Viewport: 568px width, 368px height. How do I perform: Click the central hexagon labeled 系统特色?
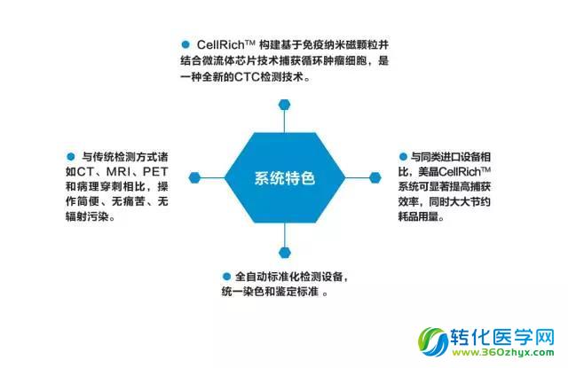click(x=285, y=177)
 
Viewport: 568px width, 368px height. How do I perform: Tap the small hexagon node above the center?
click(x=284, y=105)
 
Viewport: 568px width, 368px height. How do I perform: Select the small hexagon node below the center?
click(x=285, y=253)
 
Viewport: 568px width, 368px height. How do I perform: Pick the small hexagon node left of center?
click(x=194, y=177)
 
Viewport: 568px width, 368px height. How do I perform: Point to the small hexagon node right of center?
click(x=375, y=177)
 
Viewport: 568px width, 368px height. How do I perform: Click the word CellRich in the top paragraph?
click(x=221, y=45)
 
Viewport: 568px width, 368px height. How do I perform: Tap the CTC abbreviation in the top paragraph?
click(x=247, y=77)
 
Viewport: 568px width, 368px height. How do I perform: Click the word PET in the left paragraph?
click(x=155, y=171)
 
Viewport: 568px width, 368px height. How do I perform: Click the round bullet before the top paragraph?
click(x=185, y=44)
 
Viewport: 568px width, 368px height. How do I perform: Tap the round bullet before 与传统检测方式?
click(x=71, y=157)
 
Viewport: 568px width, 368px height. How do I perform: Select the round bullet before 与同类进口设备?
click(x=403, y=157)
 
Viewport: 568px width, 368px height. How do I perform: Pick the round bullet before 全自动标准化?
click(x=227, y=277)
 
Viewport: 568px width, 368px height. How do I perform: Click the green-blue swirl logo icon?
click(x=433, y=341)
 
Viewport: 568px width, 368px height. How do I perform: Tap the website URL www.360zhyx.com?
click(x=503, y=352)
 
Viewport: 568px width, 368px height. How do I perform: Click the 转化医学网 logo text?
click(x=502, y=337)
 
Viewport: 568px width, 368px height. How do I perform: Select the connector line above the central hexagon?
click(x=284, y=121)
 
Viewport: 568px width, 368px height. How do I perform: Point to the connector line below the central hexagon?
click(x=285, y=235)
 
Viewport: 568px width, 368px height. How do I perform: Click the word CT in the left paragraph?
click(x=85, y=171)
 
